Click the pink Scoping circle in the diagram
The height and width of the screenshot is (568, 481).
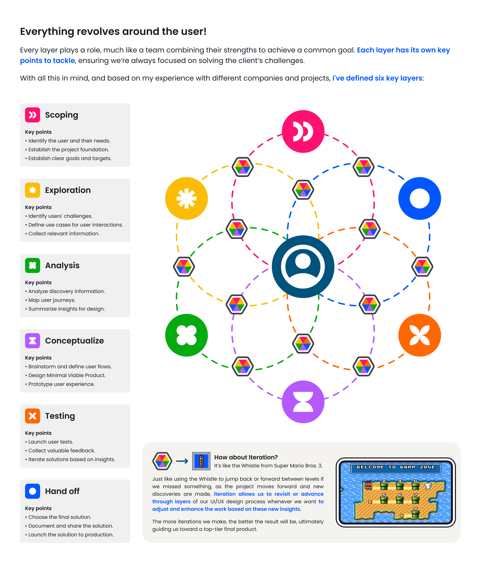(x=303, y=131)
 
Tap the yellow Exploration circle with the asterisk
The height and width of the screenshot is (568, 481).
(x=186, y=198)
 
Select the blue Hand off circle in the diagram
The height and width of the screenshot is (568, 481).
(x=419, y=198)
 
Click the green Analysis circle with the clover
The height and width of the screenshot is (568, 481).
(x=186, y=335)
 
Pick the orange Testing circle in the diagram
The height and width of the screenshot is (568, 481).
(x=419, y=335)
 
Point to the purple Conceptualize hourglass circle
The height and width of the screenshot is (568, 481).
(x=303, y=402)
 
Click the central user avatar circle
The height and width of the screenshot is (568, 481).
(x=303, y=266)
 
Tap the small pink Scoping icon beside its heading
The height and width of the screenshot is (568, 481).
(x=33, y=115)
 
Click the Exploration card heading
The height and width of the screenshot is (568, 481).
(x=68, y=190)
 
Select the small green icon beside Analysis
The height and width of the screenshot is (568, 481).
(x=33, y=265)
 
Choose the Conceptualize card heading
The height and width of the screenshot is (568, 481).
(x=74, y=340)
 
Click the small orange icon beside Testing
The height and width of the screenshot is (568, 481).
(x=33, y=416)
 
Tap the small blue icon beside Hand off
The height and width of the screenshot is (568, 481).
(x=33, y=491)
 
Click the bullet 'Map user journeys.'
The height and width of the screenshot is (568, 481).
(x=52, y=300)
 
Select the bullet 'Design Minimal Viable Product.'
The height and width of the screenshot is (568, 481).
(x=67, y=375)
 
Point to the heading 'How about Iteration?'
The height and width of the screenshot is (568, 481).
(x=246, y=457)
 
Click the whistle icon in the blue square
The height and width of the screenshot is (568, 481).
(x=201, y=461)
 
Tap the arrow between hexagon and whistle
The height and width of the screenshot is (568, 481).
(x=182, y=461)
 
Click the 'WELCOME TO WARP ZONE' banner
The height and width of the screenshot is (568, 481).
(x=396, y=467)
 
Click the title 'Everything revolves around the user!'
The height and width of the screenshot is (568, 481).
(x=113, y=31)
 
